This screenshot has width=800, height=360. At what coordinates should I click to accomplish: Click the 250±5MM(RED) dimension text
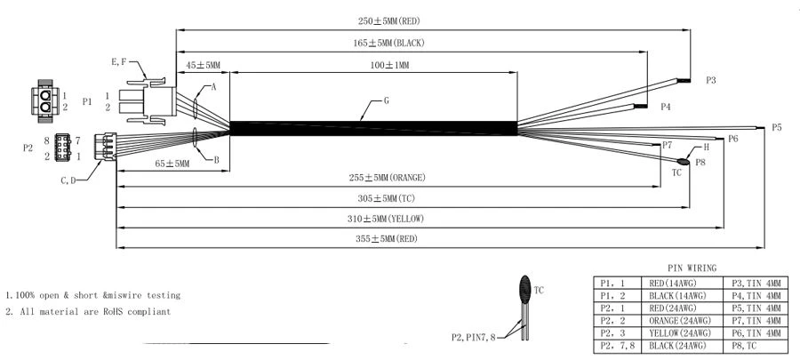(388, 21)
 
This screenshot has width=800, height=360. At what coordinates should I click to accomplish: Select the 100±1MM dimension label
(390, 65)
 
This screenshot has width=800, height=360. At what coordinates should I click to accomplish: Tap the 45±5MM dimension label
(203, 65)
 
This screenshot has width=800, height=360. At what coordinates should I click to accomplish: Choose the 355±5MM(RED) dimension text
(386, 238)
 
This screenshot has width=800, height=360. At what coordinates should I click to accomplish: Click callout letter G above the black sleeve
(387, 101)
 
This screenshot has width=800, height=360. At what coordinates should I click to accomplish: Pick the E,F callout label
(119, 62)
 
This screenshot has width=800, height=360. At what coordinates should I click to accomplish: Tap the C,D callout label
(68, 180)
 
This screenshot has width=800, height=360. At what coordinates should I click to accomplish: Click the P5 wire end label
(776, 127)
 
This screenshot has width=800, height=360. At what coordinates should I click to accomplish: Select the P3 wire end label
(711, 80)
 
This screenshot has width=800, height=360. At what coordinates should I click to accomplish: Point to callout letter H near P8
(706, 148)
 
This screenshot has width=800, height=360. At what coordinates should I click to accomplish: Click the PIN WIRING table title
(692, 268)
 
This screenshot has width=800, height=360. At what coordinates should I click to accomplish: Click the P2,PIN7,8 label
(474, 337)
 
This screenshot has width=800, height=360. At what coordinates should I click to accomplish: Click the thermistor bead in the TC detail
(525, 289)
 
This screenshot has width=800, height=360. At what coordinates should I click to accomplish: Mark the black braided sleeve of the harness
(373, 128)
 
